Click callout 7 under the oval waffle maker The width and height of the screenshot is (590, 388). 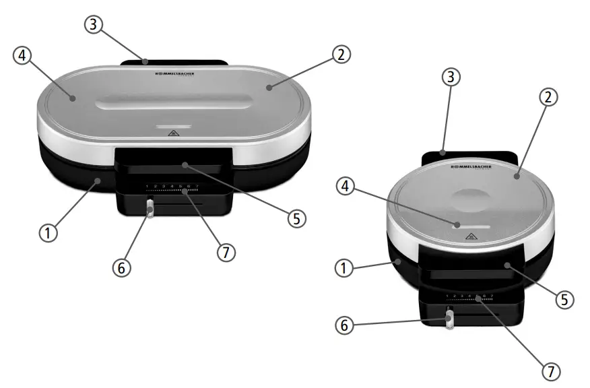[226, 253]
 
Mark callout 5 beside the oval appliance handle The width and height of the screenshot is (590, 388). [296, 218]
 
